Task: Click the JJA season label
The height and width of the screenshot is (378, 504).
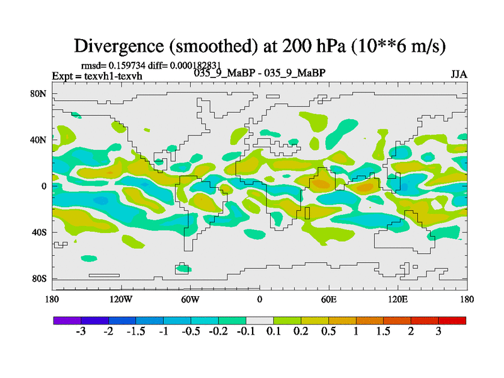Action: pyautogui.click(x=459, y=74)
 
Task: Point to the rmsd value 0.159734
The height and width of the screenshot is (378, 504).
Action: pyautogui.click(x=130, y=66)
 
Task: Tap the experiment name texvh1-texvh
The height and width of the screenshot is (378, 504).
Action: pyautogui.click(x=114, y=76)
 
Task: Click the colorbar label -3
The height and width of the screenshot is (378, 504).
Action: pyautogui.click(x=81, y=332)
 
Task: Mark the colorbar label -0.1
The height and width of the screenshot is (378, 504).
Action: pyautogui.click(x=246, y=332)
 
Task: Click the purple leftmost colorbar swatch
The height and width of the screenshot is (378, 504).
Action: pyautogui.click(x=67, y=320)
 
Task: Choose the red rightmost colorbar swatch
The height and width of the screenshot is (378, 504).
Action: pyautogui.click(x=452, y=320)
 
